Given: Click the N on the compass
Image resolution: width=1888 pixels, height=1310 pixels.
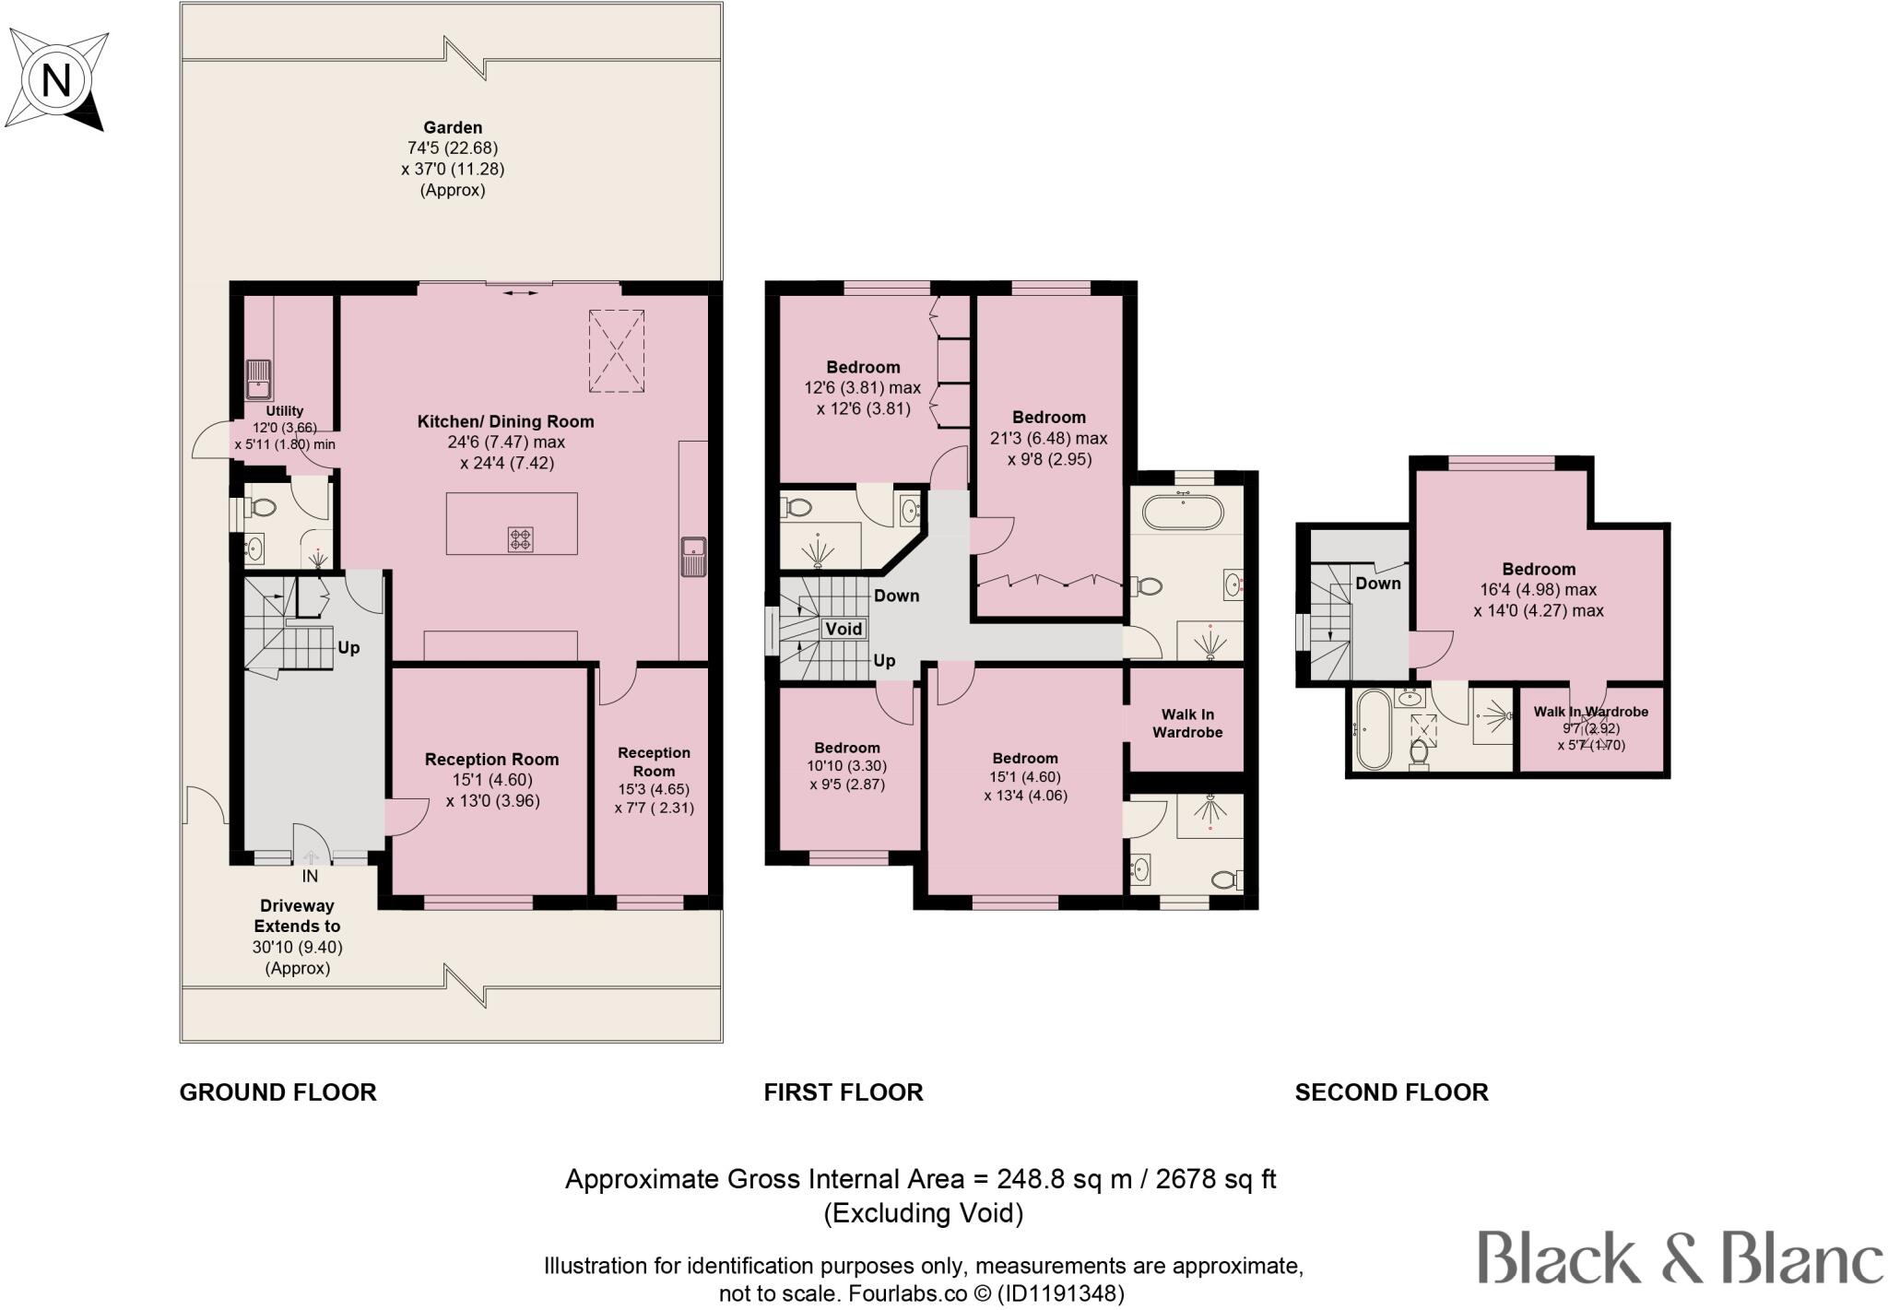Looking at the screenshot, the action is pyautogui.click(x=56, y=81).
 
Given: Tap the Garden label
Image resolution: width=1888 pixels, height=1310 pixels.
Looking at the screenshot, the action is pyautogui.click(x=453, y=128).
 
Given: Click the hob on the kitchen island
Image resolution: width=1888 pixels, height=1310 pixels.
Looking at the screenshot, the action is pyautogui.click(x=521, y=538).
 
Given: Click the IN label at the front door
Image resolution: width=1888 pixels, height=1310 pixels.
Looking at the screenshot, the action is pyautogui.click(x=310, y=876).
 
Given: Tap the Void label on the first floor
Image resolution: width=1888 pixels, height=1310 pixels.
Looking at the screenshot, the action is pyautogui.click(x=843, y=630).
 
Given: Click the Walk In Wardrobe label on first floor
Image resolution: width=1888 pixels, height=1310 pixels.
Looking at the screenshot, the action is pyautogui.click(x=1187, y=724).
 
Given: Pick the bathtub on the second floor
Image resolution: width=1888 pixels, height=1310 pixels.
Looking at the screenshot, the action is pyautogui.click(x=1373, y=729).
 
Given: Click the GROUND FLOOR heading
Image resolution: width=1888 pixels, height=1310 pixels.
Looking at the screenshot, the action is pyautogui.click(x=277, y=1092).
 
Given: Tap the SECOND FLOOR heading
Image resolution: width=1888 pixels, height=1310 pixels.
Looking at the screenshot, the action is pyautogui.click(x=1391, y=1092).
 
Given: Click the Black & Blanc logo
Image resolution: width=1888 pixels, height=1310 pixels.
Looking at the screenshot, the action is pyautogui.click(x=1681, y=1257).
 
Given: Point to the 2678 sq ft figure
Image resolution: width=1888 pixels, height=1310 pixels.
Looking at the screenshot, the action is pyautogui.click(x=1221, y=1180).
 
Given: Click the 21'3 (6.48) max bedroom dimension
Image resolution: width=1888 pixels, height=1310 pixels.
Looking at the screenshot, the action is pyautogui.click(x=1049, y=439).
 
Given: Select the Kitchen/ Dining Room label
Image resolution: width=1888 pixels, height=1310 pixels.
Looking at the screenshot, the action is pyautogui.click(x=506, y=422).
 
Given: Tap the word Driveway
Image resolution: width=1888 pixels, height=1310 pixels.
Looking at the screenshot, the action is pyautogui.click(x=297, y=906).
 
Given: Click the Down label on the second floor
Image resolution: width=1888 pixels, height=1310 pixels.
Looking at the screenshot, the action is pyautogui.click(x=1378, y=584).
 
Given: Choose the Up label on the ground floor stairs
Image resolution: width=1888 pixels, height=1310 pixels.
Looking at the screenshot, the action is pyautogui.click(x=348, y=648).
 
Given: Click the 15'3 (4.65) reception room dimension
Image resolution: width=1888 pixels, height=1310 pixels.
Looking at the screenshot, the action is pyautogui.click(x=654, y=790).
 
